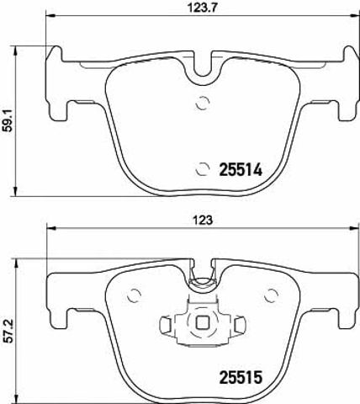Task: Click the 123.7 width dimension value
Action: pos(203,8)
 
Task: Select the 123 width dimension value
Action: pos(204,220)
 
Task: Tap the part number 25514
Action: pos(241,169)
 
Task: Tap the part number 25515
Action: pos(241,377)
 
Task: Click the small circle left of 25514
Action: pos(203,169)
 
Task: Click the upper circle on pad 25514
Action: pos(203,103)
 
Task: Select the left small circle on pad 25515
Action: pos(134,295)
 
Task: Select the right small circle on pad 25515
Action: pos(272,295)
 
